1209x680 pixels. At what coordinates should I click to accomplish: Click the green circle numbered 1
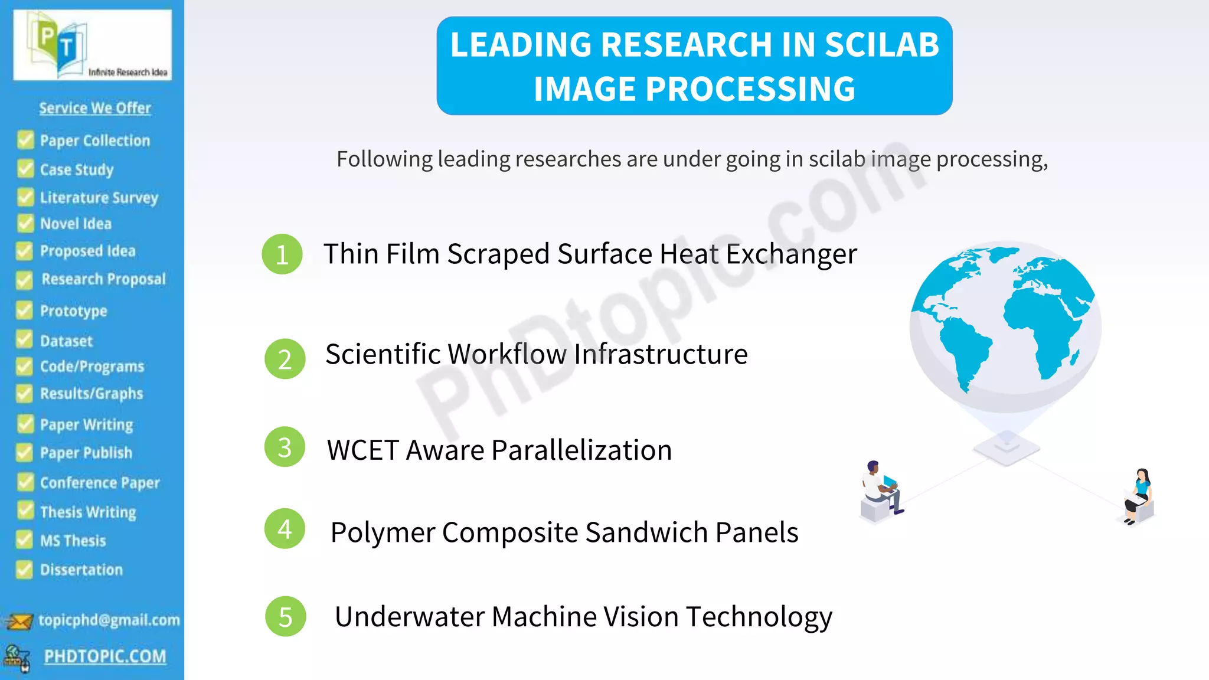click(282, 254)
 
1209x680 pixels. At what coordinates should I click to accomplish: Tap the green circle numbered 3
click(285, 447)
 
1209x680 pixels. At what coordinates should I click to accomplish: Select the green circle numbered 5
click(286, 617)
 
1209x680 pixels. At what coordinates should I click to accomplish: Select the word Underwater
click(409, 617)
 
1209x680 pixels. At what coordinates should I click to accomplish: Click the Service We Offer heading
click(95, 108)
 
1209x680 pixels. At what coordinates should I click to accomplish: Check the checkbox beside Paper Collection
click(25, 140)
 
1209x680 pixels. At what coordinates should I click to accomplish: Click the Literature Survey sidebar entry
click(99, 197)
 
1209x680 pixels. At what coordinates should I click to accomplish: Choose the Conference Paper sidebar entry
click(100, 483)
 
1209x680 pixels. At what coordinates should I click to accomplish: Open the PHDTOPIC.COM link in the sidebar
click(105, 656)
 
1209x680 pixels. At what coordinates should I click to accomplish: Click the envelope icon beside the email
click(19, 621)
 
